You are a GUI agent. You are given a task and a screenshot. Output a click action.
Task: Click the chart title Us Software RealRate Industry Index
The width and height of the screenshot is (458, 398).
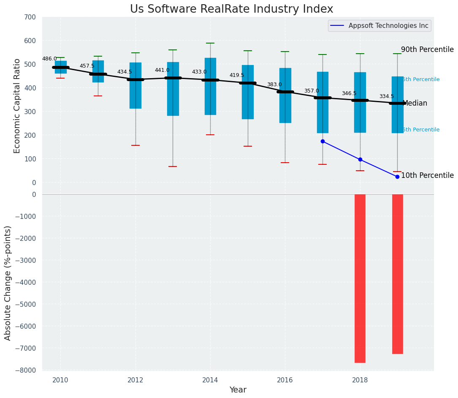pyautogui.click(x=231, y=9)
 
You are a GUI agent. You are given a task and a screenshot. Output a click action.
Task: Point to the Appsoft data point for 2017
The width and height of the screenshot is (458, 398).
pyautogui.click(x=322, y=141)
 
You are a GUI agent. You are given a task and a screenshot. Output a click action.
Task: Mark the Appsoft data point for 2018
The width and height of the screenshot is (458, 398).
pyautogui.click(x=360, y=159)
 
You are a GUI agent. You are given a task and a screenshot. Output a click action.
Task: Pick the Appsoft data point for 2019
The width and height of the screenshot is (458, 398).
pyautogui.click(x=397, y=177)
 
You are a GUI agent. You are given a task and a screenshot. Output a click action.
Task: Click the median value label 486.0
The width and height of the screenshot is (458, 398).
pyautogui.click(x=49, y=59)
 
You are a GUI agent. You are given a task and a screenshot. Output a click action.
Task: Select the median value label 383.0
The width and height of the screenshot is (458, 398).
pyautogui.click(x=274, y=85)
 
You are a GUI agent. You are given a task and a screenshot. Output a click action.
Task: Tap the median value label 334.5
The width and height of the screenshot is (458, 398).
pyautogui.click(x=387, y=96)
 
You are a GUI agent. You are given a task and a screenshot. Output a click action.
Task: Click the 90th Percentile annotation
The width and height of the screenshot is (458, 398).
pyautogui.click(x=427, y=49)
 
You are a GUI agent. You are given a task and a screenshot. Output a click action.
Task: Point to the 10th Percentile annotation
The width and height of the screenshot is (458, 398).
pyautogui.click(x=427, y=175)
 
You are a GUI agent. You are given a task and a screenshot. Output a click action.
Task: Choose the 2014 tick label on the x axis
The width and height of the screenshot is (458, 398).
pyautogui.click(x=210, y=380)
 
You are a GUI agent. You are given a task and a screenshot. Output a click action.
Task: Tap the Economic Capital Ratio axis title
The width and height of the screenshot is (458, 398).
pyautogui.click(x=17, y=106)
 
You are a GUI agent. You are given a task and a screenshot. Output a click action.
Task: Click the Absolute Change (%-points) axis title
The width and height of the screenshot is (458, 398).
pyautogui.click(x=8, y=283)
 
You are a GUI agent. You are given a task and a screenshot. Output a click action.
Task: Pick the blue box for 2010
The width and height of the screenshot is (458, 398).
pyautogui.click(x=60, y=67)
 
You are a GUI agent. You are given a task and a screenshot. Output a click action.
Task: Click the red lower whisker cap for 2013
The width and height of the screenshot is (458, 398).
pyautogui.click(x=173, y=166)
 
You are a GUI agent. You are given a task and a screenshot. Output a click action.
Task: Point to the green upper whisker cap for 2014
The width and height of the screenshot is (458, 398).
pyautogui.click(x=210, y=43)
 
